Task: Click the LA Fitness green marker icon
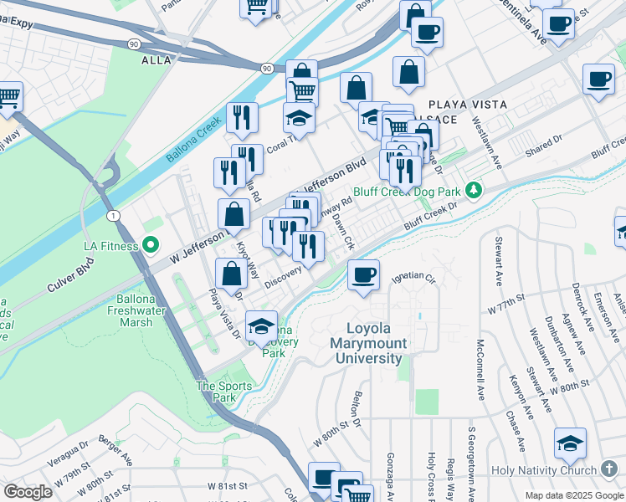pos(151,245)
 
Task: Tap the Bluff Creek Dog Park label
pos(408,192)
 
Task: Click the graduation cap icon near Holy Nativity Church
pos(570,443)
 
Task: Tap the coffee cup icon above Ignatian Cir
pos(362,275)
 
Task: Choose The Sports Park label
pos(223,392)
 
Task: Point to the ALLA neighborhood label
pos(156,60)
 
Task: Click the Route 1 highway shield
pos(113,215)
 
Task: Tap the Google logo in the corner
pos(28,492)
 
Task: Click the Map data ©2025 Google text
pos(573,495)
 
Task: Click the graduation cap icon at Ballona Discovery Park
pos(261,326)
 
